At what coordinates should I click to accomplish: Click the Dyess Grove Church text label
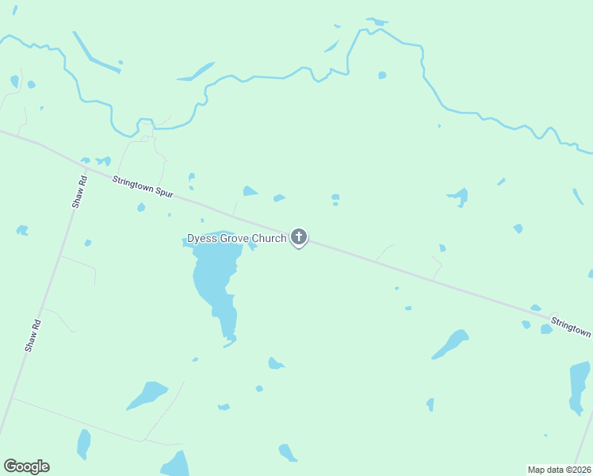[x=236, y=238]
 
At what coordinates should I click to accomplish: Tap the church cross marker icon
[x=299, y=236]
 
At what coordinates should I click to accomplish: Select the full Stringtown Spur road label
[x=143, y=187]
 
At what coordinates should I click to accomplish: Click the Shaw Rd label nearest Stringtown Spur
[x=79, y=191]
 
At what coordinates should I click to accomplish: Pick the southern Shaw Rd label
[x=33, y=336]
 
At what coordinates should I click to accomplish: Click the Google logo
[x=26, y=466]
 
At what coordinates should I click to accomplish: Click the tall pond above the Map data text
[x=580, y=386]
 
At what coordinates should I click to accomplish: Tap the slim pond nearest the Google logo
[x=83, y=443]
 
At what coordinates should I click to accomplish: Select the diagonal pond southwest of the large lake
[x=147, y=394]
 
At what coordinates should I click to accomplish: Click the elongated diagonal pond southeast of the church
[x=450, y=344]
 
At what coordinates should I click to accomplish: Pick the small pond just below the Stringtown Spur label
[x=141, y=207]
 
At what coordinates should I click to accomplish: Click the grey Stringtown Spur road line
[x=357, y=254]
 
